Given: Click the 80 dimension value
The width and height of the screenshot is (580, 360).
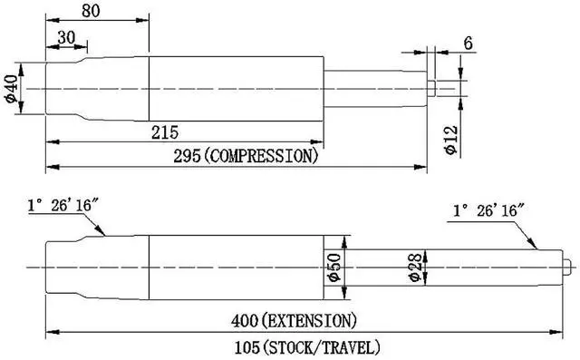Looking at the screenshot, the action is pos(91,11).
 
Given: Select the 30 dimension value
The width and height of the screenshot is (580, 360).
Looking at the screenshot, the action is pos(66,37).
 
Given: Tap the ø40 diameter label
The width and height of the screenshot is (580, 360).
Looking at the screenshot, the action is pos(11,89).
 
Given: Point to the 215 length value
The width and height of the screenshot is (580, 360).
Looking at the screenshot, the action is pos(165,132).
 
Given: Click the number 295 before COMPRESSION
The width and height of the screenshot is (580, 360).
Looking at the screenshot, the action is pos(188,157).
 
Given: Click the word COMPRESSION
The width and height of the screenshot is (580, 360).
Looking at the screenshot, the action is pos(261,157).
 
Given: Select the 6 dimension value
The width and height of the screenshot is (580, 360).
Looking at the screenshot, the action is pos(469,44).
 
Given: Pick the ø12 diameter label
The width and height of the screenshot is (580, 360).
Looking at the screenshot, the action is pos(451,140).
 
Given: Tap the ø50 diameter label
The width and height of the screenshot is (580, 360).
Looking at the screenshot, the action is pos(334,268).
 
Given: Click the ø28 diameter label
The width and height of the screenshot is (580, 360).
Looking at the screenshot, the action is pos(415,268).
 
